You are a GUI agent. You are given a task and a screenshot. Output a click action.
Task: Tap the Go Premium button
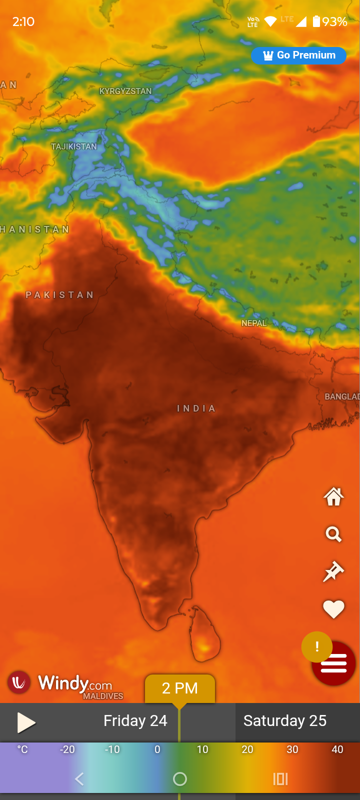point(298,55)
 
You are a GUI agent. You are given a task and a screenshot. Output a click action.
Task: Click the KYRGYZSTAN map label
point(125,91)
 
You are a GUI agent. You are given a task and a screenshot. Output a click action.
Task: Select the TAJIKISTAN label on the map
point(74,146)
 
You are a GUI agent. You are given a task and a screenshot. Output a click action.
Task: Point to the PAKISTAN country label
point(60,295)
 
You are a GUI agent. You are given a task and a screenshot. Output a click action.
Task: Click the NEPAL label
point(254,323)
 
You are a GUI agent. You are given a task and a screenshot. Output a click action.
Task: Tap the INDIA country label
point(196,408)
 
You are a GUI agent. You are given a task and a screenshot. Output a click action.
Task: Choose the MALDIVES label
point(103,696)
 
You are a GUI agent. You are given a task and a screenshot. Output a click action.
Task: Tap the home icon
point(333,497)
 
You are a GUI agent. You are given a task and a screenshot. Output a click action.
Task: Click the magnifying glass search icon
point(333,534)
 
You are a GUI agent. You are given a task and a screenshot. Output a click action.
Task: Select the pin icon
point(333,571)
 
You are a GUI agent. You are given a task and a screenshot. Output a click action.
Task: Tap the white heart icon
point(333,609)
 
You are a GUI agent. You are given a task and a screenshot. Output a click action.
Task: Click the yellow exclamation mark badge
point(316,647)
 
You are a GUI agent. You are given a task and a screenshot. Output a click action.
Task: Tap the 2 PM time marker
point(180,688)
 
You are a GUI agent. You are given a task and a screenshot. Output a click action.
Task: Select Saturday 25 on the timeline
point(285,721)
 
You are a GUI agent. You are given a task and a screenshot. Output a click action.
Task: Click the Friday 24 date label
point(135,721)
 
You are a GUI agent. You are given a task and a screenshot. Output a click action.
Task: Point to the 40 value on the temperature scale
point(337,749)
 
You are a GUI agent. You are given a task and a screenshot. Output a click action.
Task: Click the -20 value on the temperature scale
point(67,749)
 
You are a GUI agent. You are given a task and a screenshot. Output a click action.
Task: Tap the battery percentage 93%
point(334,21)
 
